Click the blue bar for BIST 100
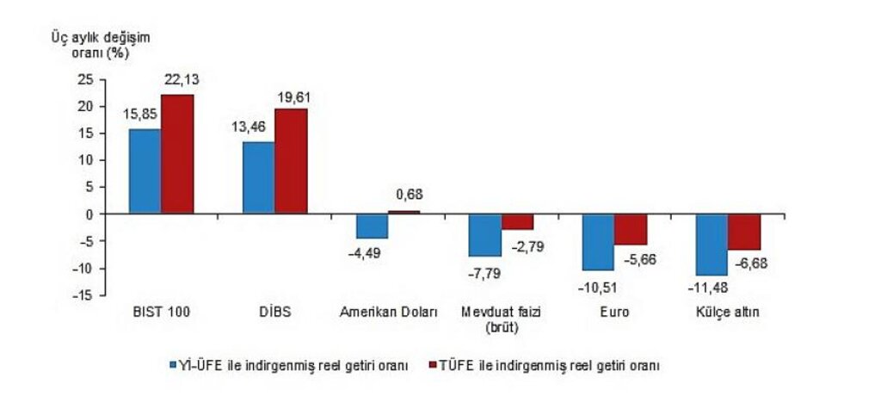point(145,171)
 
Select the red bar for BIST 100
point(177,154)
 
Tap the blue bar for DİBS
point(258,177)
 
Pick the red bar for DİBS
point(291,161)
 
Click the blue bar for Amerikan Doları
point(372,226)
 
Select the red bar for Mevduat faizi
point(518,221)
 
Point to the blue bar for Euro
point(598,242)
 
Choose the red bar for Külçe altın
point(744,232)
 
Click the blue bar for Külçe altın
point(712,245)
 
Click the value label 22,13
point(181,80)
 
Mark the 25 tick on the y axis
point(84,79)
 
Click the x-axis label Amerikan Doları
point(387,313)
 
